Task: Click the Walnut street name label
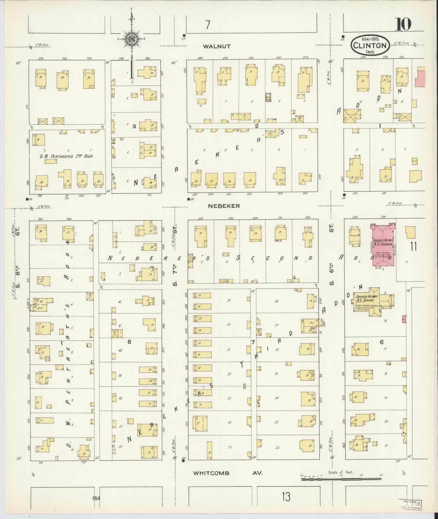(217, 46)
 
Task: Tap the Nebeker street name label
(224, 206)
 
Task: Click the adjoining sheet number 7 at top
(208, 25)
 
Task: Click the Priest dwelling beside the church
(355, 236)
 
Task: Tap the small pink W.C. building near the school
(404, 319)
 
